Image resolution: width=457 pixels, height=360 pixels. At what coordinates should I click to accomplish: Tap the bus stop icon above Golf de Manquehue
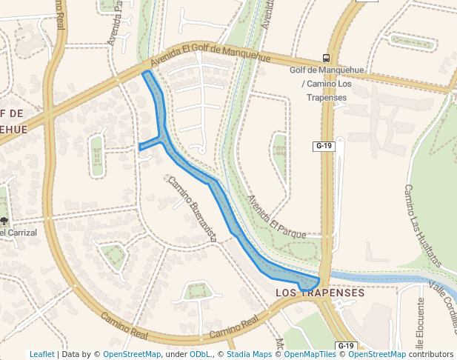[x=327, y=59]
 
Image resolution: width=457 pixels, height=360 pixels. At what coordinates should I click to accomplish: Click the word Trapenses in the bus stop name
[x=327, y=98]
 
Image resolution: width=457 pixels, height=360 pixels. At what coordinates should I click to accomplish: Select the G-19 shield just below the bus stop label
[x=324, y=146]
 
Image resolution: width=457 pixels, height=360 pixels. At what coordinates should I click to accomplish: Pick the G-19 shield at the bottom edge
[x=346, y=346]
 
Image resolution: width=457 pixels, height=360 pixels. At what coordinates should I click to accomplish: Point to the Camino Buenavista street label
[x=192, y=209]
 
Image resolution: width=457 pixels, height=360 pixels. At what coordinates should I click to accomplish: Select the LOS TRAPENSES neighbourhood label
[x=319, y=293]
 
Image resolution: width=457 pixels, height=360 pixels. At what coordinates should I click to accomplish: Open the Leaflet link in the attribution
[x=41, y=355]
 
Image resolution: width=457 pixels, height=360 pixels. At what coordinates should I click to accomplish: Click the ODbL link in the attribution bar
[x=200, y=355]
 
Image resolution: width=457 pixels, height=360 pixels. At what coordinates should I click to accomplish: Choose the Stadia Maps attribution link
[x=250, y=355]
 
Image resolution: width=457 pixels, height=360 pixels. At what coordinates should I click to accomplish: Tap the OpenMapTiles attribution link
[x=307, y=355]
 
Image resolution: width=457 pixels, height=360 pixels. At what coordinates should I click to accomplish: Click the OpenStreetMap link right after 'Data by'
[x=132, y=355]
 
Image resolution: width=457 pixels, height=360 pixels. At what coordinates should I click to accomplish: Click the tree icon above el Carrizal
[x=5, y=221]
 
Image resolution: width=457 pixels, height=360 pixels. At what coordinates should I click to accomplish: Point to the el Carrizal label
[x=19, y=233]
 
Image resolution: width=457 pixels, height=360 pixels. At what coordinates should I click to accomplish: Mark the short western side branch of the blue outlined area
[x=150, y=144]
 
